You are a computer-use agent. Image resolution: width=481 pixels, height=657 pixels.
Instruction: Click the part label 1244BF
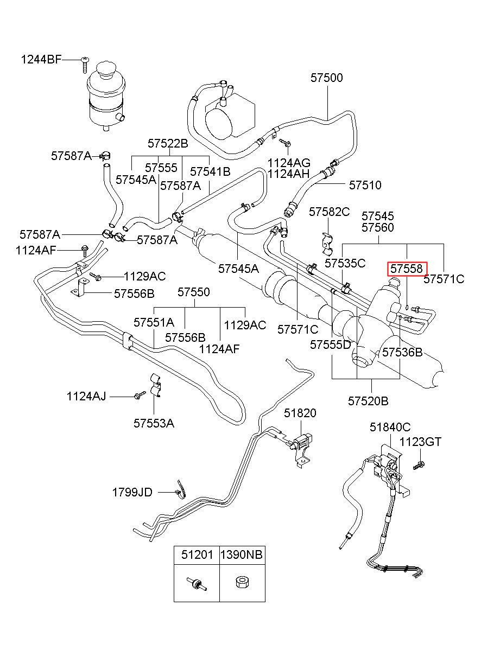coord(41,60)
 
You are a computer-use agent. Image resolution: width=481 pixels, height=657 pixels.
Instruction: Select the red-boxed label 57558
coord(407,269)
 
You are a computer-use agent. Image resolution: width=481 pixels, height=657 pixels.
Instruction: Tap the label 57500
coord(327,78)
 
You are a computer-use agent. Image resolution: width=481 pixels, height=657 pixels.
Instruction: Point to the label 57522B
coord(168,143)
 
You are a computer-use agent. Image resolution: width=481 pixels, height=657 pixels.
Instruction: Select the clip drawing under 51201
coord(197,583)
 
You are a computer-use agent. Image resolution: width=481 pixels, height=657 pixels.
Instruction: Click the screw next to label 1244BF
coord(85,65)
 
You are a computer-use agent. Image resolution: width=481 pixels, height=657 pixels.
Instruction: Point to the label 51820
coord(300,413)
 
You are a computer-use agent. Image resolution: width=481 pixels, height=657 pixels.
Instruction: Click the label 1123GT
coord(420,450)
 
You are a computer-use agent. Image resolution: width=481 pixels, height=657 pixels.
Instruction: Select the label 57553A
coord(154,423)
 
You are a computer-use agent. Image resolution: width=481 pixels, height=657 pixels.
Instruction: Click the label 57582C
coord(330,212)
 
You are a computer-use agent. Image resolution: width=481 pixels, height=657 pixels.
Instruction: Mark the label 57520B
coord(368,401)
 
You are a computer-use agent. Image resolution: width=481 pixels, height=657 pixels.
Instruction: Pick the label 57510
coord(365,185)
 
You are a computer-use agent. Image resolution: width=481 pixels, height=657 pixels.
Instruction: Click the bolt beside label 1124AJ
coord(140,395)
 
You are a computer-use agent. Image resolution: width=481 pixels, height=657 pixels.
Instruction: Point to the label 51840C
coord(390,427)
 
